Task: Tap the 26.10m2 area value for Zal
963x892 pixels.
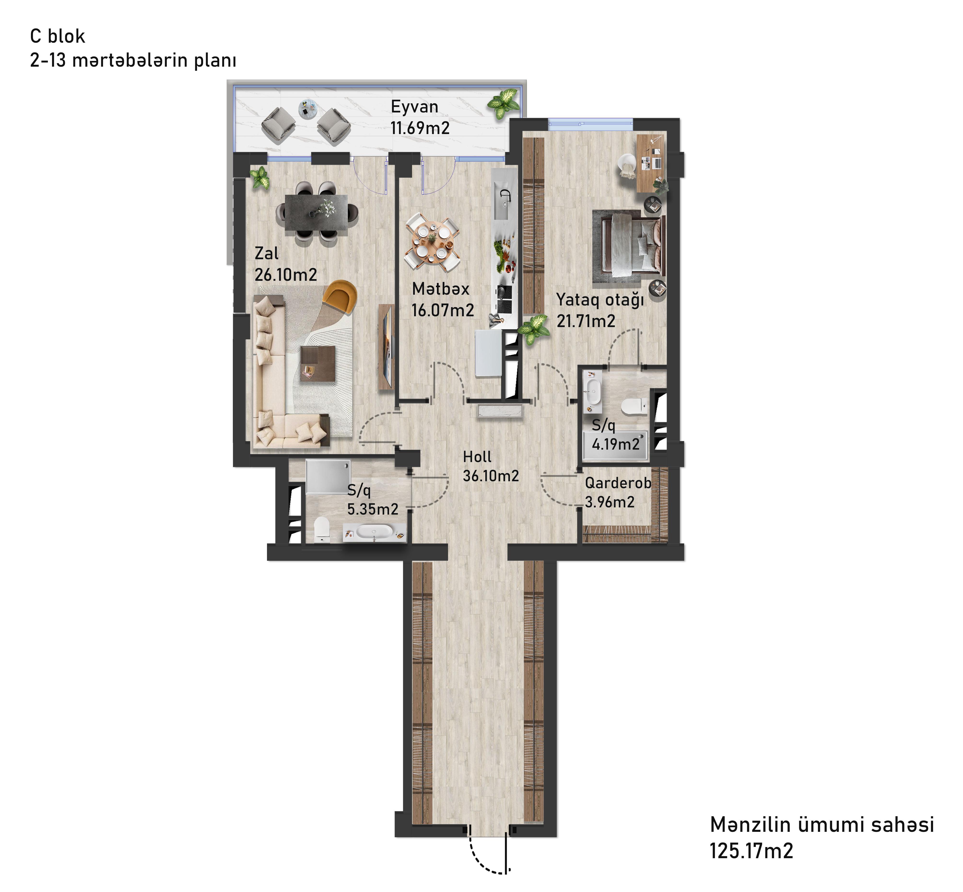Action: pos(285,275)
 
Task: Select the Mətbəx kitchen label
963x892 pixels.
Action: pos(440,289)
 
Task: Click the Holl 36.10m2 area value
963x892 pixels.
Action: pos(490,476)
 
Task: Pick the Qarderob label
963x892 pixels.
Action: pos(618,483)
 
